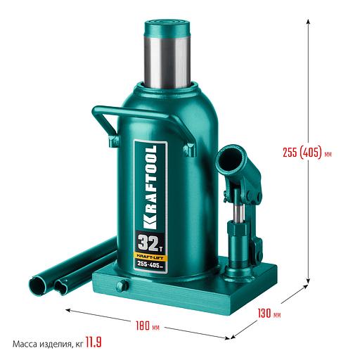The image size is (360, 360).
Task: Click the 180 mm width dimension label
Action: (x=148, y=326)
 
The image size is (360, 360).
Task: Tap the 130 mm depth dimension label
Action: (x=269, y=314)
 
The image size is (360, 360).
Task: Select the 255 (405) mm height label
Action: (x=307, y=153)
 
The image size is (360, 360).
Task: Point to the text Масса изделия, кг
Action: (x=48, y=344)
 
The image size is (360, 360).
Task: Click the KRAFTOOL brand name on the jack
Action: (x=150, y=187)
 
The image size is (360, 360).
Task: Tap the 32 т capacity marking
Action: (x=150, y=243)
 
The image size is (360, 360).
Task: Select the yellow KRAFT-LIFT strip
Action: (x=150, y=257)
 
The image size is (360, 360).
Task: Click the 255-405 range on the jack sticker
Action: (x=150, y=265)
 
